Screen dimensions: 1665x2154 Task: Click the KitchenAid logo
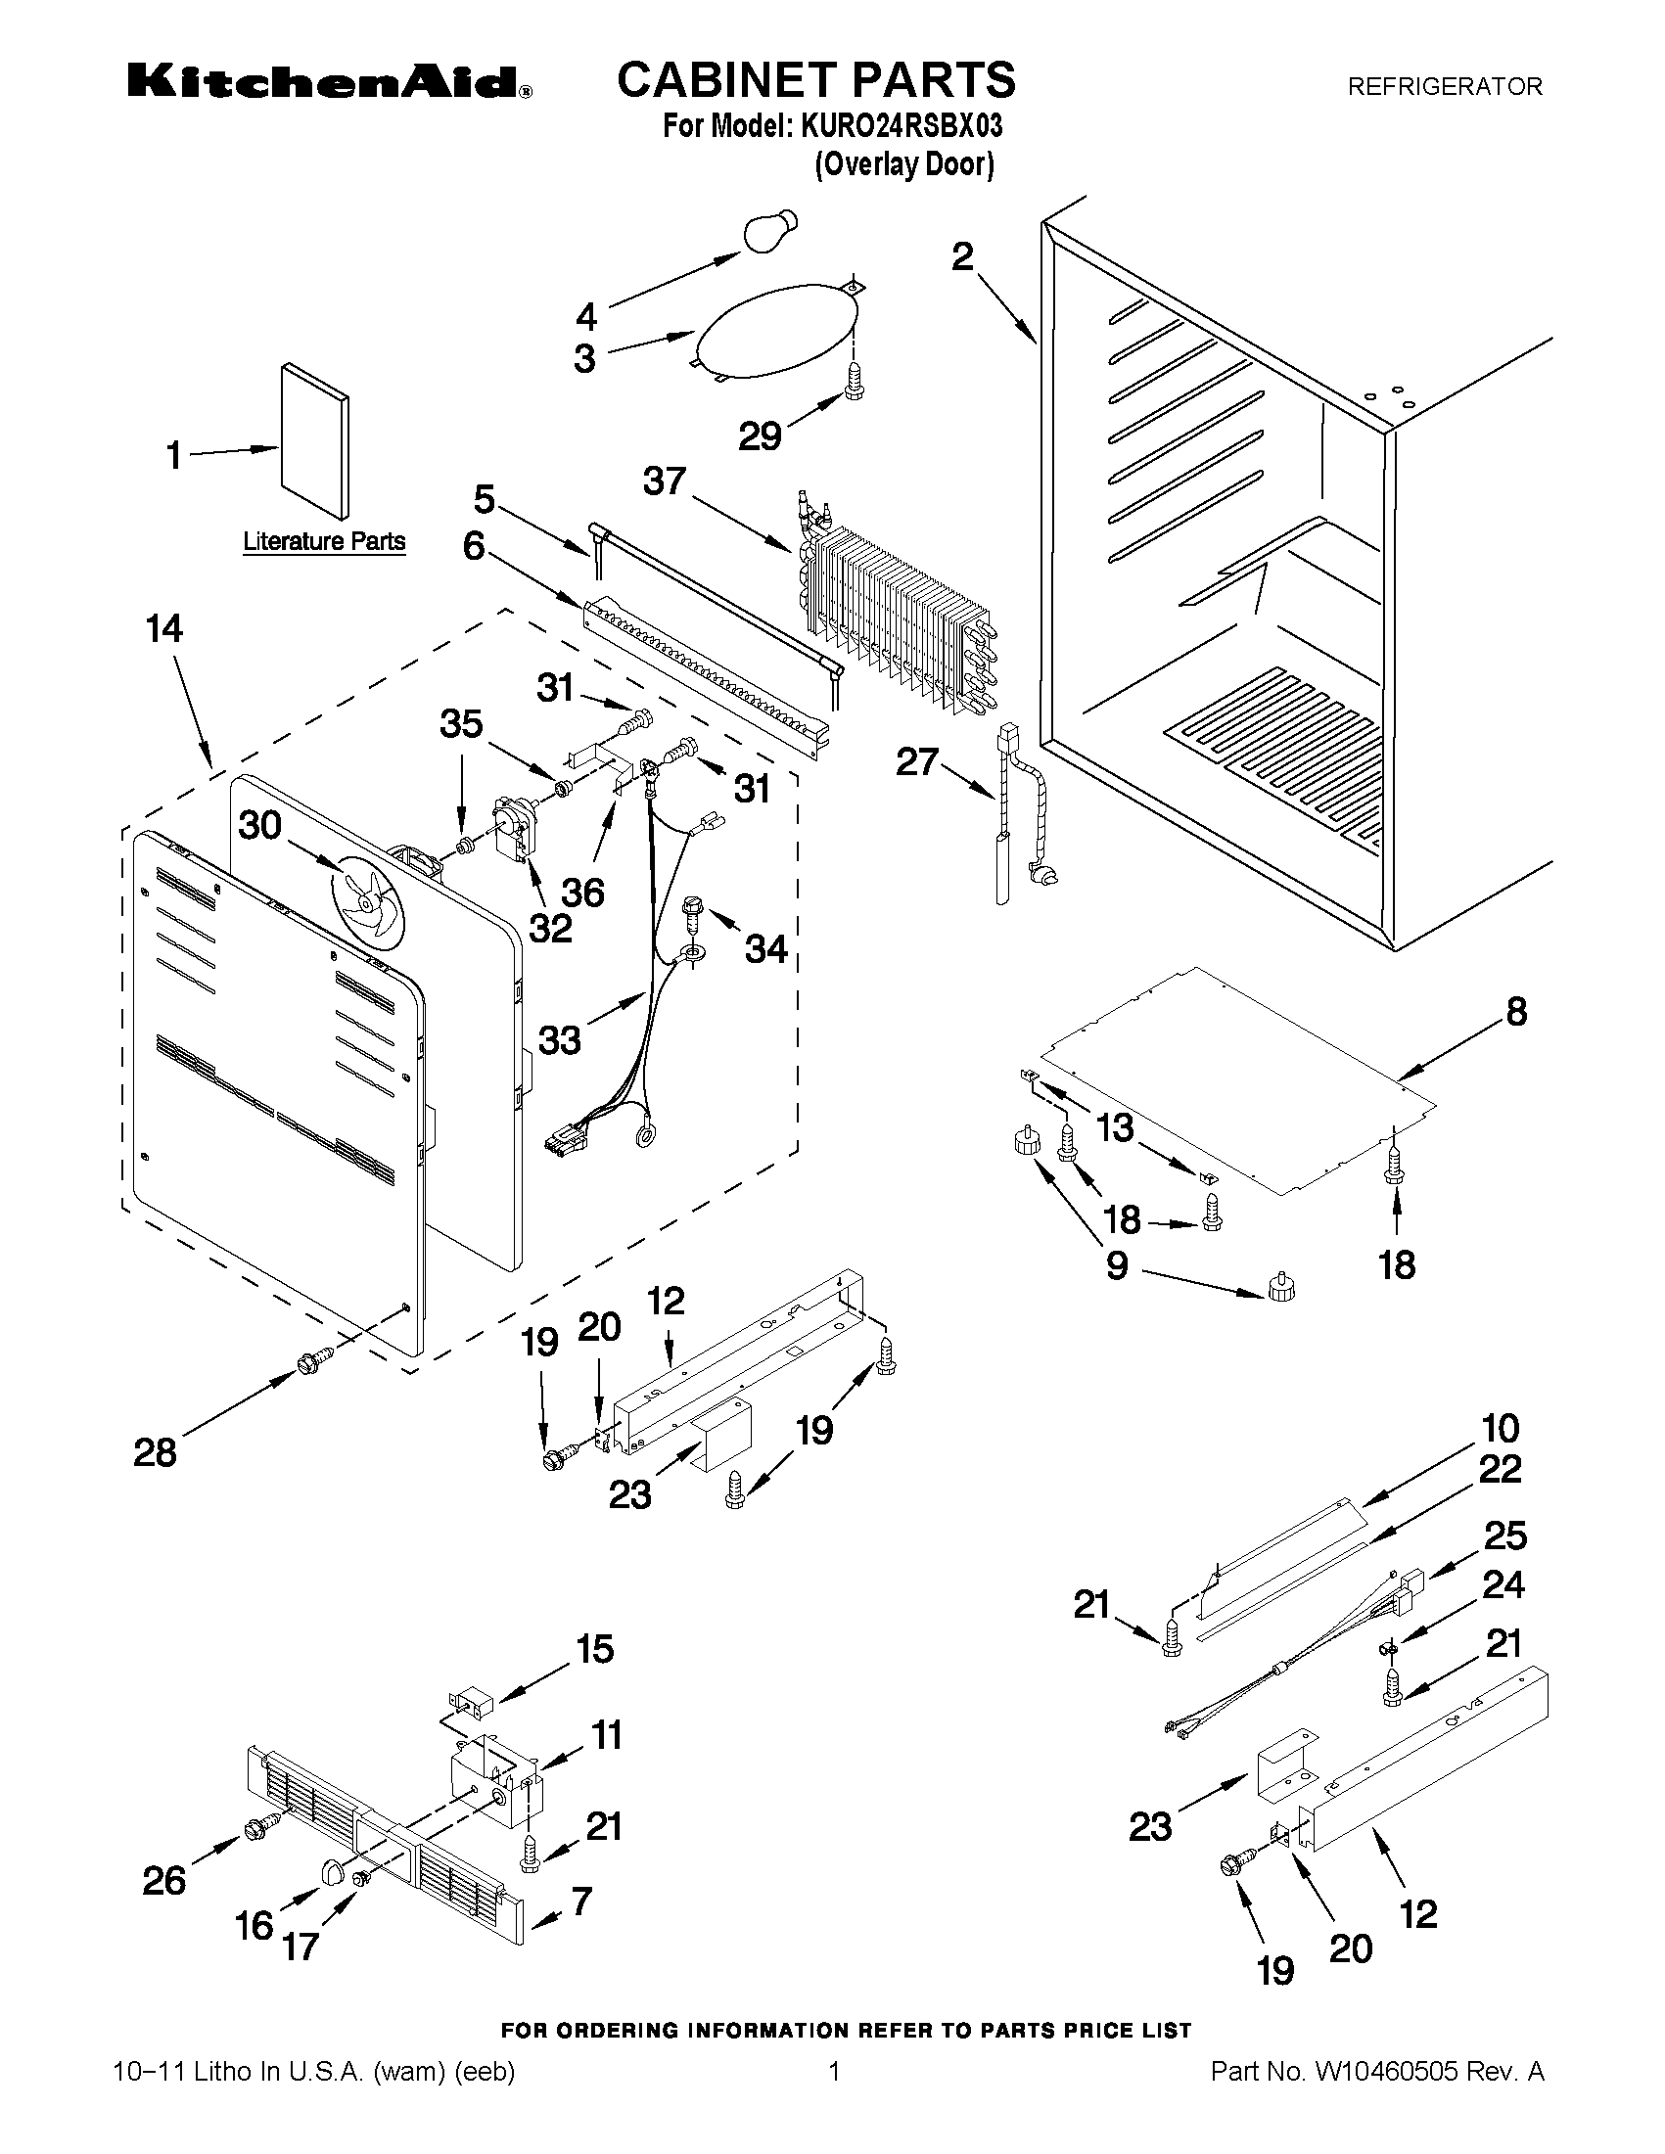(x=331, y=83)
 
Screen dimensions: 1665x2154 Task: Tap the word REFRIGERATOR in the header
(x=1445, y=87)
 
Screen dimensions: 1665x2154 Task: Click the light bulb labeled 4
(x=769, y=232)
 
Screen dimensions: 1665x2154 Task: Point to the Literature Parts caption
(x=325, y=541)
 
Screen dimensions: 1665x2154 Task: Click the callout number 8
(x=1516, y=1011)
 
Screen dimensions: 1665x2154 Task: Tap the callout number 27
(x=917, y=761)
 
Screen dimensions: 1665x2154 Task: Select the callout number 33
(x=559, y=1040)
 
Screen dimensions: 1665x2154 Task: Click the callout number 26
(x=163, y=1882)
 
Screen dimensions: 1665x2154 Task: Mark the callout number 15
(x=594, y=1649)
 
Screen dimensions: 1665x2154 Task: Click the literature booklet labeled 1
(x=314, y=440)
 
